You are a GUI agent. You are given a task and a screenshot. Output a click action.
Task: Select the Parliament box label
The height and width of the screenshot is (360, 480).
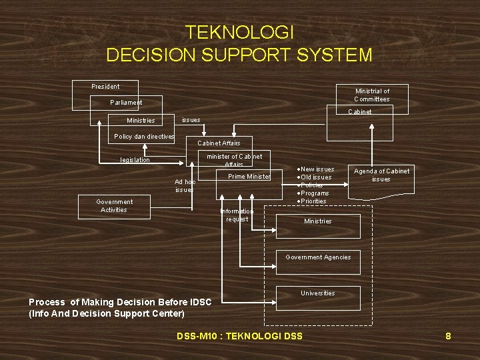pyautogui.click(x=126, y=103)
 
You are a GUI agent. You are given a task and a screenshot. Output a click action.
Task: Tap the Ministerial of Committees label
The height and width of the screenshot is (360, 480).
pyautogui.click(x=372, y=95)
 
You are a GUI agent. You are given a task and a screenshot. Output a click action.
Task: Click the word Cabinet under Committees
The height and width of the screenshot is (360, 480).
pyautogui.click(x=360, y=112)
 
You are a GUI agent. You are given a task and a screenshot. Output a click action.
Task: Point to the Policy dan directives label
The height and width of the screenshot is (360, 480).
pyautogui.click(x=144, y=137)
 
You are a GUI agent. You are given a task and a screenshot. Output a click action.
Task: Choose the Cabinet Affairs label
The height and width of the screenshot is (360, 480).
pyautogui.click(x=219, y=143)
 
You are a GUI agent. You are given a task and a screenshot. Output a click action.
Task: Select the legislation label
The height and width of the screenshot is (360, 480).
pyautogui.click(x=135, y=160)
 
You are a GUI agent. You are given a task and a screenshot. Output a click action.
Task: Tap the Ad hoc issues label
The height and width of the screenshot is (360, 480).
pyautogui.click(x=185, y=185)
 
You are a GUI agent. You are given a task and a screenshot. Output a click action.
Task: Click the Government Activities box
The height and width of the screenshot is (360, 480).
pyautogui.click(x=113, y=205)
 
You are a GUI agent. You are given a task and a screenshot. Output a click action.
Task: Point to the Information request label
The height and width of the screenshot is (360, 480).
pyautogui.click(x=237, y=215)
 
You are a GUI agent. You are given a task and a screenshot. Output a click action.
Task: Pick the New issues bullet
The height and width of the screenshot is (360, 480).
pyautogui.click(x=317, y=169)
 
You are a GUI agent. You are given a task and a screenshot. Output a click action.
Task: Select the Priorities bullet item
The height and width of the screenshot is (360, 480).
pyautogui.click(x=313, y=201)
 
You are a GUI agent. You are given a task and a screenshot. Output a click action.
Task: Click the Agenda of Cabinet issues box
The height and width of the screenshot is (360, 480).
pyautogui.click(x=381, y=175)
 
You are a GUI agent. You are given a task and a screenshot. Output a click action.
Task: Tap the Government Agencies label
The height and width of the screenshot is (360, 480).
pyautogui.click(x=318, y=257)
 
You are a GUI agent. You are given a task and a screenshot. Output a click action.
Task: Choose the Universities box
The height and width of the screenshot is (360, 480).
pyautogui.click(x=318, y=297)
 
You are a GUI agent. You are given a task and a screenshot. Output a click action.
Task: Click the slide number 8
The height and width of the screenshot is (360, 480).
pyautogui.click(x=448, y=336)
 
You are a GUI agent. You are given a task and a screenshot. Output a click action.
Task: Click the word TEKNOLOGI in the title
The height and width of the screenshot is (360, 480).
pyautogui.click(x=239, y=32)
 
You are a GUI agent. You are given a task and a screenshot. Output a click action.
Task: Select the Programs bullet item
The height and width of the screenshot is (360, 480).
pyautogui.click(x=315, y=193)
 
